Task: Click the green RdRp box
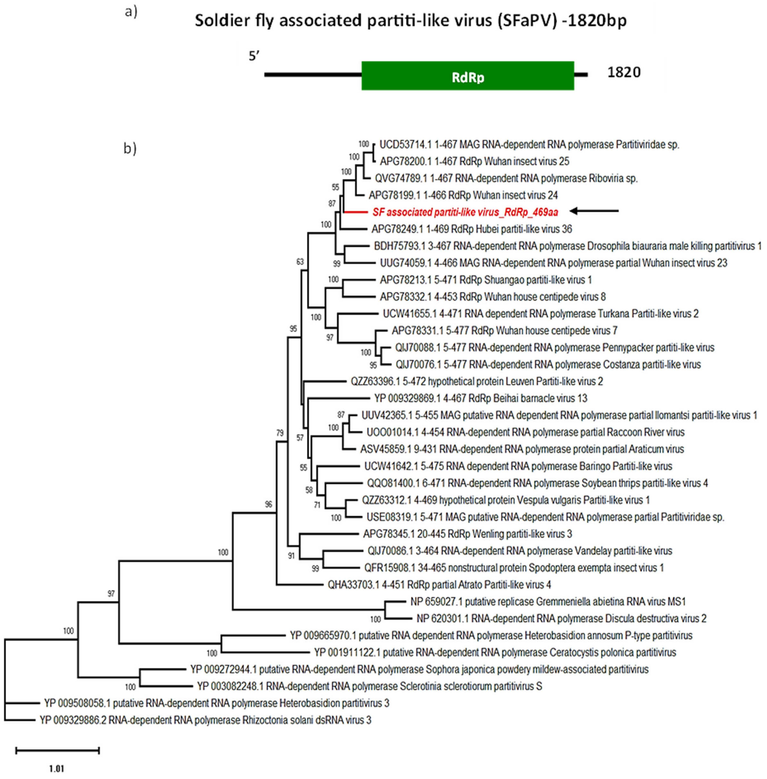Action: coord(467,76)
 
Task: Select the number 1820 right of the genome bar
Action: coord(624,73)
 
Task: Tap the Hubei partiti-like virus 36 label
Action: coord(471,229)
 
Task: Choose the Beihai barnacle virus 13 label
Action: coord(481,398)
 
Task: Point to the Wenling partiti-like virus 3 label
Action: coord(467,534)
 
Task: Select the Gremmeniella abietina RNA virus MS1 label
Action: coord(548,602)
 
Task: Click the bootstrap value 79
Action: coord(280,433)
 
